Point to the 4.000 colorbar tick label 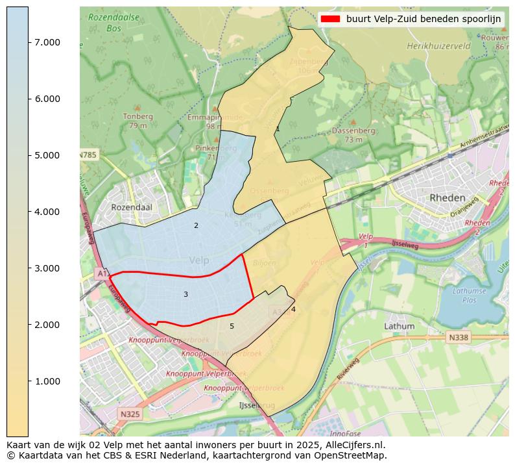coord(47,212)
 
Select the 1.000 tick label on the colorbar coord(47,381)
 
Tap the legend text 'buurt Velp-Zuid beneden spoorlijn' coord(424,19)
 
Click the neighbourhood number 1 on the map coord(278,129)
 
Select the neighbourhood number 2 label coord(196,226)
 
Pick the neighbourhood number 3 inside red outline coord(186,295)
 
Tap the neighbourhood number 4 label coord(293,310)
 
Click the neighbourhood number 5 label coord(232,327)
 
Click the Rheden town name coord(447,198)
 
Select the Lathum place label coord(399,326)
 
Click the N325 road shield coord(130,413)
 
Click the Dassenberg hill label coord(353,131)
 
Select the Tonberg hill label coord(138,117)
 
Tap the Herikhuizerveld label coord(438,47)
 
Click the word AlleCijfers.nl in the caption coord(352,445)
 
